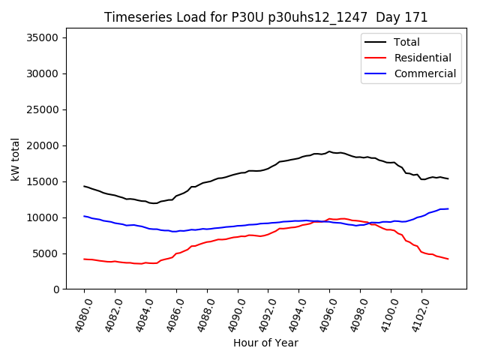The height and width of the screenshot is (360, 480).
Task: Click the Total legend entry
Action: [x=406, y=42]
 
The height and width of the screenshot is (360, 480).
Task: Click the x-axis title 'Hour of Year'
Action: [x=265, y=343]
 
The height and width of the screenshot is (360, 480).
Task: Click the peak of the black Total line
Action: [x=329, y=151]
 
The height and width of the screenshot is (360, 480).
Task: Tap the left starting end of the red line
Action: [x=84, y=259]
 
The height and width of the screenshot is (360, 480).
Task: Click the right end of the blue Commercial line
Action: [x=448, y=208]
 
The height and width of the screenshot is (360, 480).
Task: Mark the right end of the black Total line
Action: [x=448, y=178]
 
